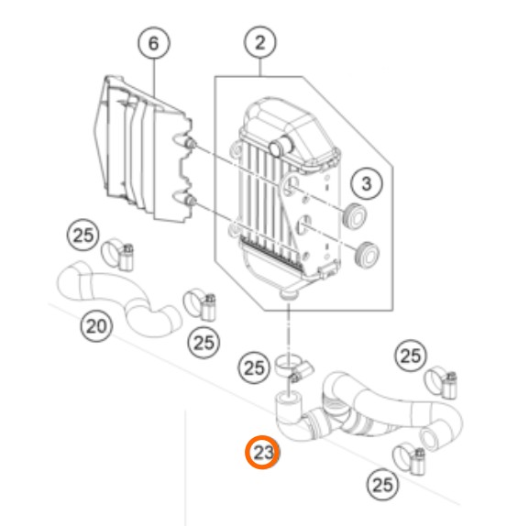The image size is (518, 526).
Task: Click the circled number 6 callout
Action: click(154, 43)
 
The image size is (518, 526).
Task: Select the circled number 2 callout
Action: click(260, 42)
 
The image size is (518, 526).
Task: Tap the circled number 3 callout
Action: click(366, 183)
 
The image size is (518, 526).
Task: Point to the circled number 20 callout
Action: click(96, 325)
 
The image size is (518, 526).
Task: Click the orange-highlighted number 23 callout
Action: click(262, 452)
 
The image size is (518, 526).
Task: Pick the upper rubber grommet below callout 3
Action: click(355, 216)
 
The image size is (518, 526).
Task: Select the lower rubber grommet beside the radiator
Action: click(368, 255)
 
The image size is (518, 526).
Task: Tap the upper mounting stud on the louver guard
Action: click(191, 144)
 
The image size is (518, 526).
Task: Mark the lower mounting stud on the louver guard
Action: click(191, 201)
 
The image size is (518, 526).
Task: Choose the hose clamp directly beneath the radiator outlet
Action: click(293, 367)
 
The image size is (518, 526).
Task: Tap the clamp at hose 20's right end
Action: click(200, 305)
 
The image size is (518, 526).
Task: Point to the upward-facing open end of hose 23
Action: click(289, 400)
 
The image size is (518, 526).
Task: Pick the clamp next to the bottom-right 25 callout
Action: click(410, 460)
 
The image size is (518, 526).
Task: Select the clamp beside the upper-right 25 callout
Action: click(440, 383)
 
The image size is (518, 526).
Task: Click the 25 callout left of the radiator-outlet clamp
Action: click(254, 368)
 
